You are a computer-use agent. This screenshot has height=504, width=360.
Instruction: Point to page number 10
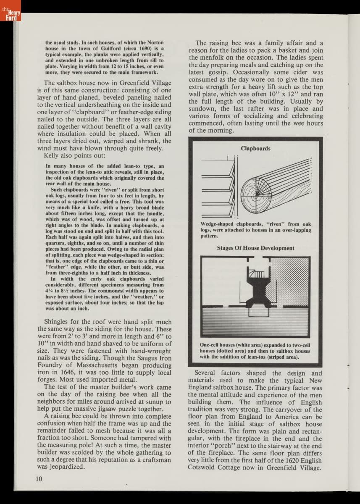point(39,478)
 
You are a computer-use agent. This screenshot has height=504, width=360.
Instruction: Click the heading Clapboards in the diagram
point(255,149)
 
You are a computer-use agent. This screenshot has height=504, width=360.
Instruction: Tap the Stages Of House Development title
point(255,248)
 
